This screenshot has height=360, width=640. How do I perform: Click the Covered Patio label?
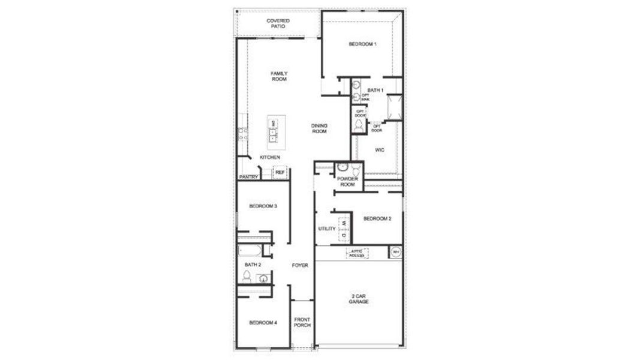coord(278,23)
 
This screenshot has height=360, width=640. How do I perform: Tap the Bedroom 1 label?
coord(362,44)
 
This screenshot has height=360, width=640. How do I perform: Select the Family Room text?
coord(279,76)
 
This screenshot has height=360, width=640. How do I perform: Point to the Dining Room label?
coord(319,128)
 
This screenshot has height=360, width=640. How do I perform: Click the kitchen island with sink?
coord(273,131)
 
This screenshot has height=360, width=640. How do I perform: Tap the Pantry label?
coord(248,177)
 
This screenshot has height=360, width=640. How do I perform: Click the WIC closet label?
coord(379,149)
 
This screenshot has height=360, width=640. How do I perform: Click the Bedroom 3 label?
coord(263,206)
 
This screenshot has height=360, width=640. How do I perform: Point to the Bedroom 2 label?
coord(377,218)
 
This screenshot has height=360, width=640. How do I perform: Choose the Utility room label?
coord(327,229)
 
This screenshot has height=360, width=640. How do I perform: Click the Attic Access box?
coord(357,253)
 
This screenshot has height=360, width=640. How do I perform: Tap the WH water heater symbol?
coord(395,253)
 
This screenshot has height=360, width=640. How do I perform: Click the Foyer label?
coord(300,265)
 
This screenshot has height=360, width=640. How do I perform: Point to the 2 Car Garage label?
coord(359,299)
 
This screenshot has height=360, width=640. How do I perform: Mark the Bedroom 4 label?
coord(263,323)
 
